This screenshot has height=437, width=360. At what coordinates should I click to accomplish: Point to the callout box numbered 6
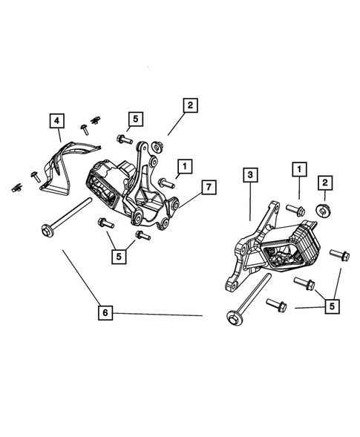pyautogui.click(x=106, y=314)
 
